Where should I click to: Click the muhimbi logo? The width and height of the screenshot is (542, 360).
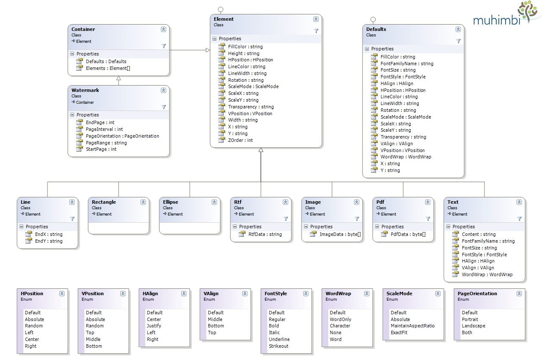tap(506, 14)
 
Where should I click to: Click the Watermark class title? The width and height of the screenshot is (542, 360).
tap(85, 90)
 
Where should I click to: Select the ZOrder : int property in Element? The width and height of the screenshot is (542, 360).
tap(240, 140)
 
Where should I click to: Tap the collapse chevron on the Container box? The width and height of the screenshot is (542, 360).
tap(163, 29)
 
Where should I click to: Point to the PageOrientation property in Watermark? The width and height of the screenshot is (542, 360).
tap(122, 136)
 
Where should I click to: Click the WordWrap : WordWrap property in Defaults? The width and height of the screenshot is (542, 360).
tap(406, 157)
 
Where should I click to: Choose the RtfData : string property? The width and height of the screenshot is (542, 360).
tap(265, 234)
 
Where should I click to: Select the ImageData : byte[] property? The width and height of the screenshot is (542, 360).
tap(340, 234)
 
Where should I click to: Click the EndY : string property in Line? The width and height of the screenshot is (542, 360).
tap(49, 241)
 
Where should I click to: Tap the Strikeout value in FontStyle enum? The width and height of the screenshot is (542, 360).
tap(279, 346)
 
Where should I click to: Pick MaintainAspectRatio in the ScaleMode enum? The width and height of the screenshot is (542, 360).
tap(412, 326)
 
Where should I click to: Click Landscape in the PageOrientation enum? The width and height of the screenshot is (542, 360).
tap(473, 326)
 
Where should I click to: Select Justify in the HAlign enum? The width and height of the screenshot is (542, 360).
tap(154, 326)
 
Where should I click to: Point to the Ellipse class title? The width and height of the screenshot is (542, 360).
tap(170, 202)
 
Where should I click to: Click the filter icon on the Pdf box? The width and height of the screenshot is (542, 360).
tap(428, 219)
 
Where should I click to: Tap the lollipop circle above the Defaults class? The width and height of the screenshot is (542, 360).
tap(373, 19)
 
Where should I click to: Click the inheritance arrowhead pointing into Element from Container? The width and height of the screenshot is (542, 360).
tap(208, 50)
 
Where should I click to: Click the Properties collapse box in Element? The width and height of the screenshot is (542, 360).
tap(214, 39)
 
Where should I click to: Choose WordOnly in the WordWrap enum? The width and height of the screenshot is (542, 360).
tap(340, 319)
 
